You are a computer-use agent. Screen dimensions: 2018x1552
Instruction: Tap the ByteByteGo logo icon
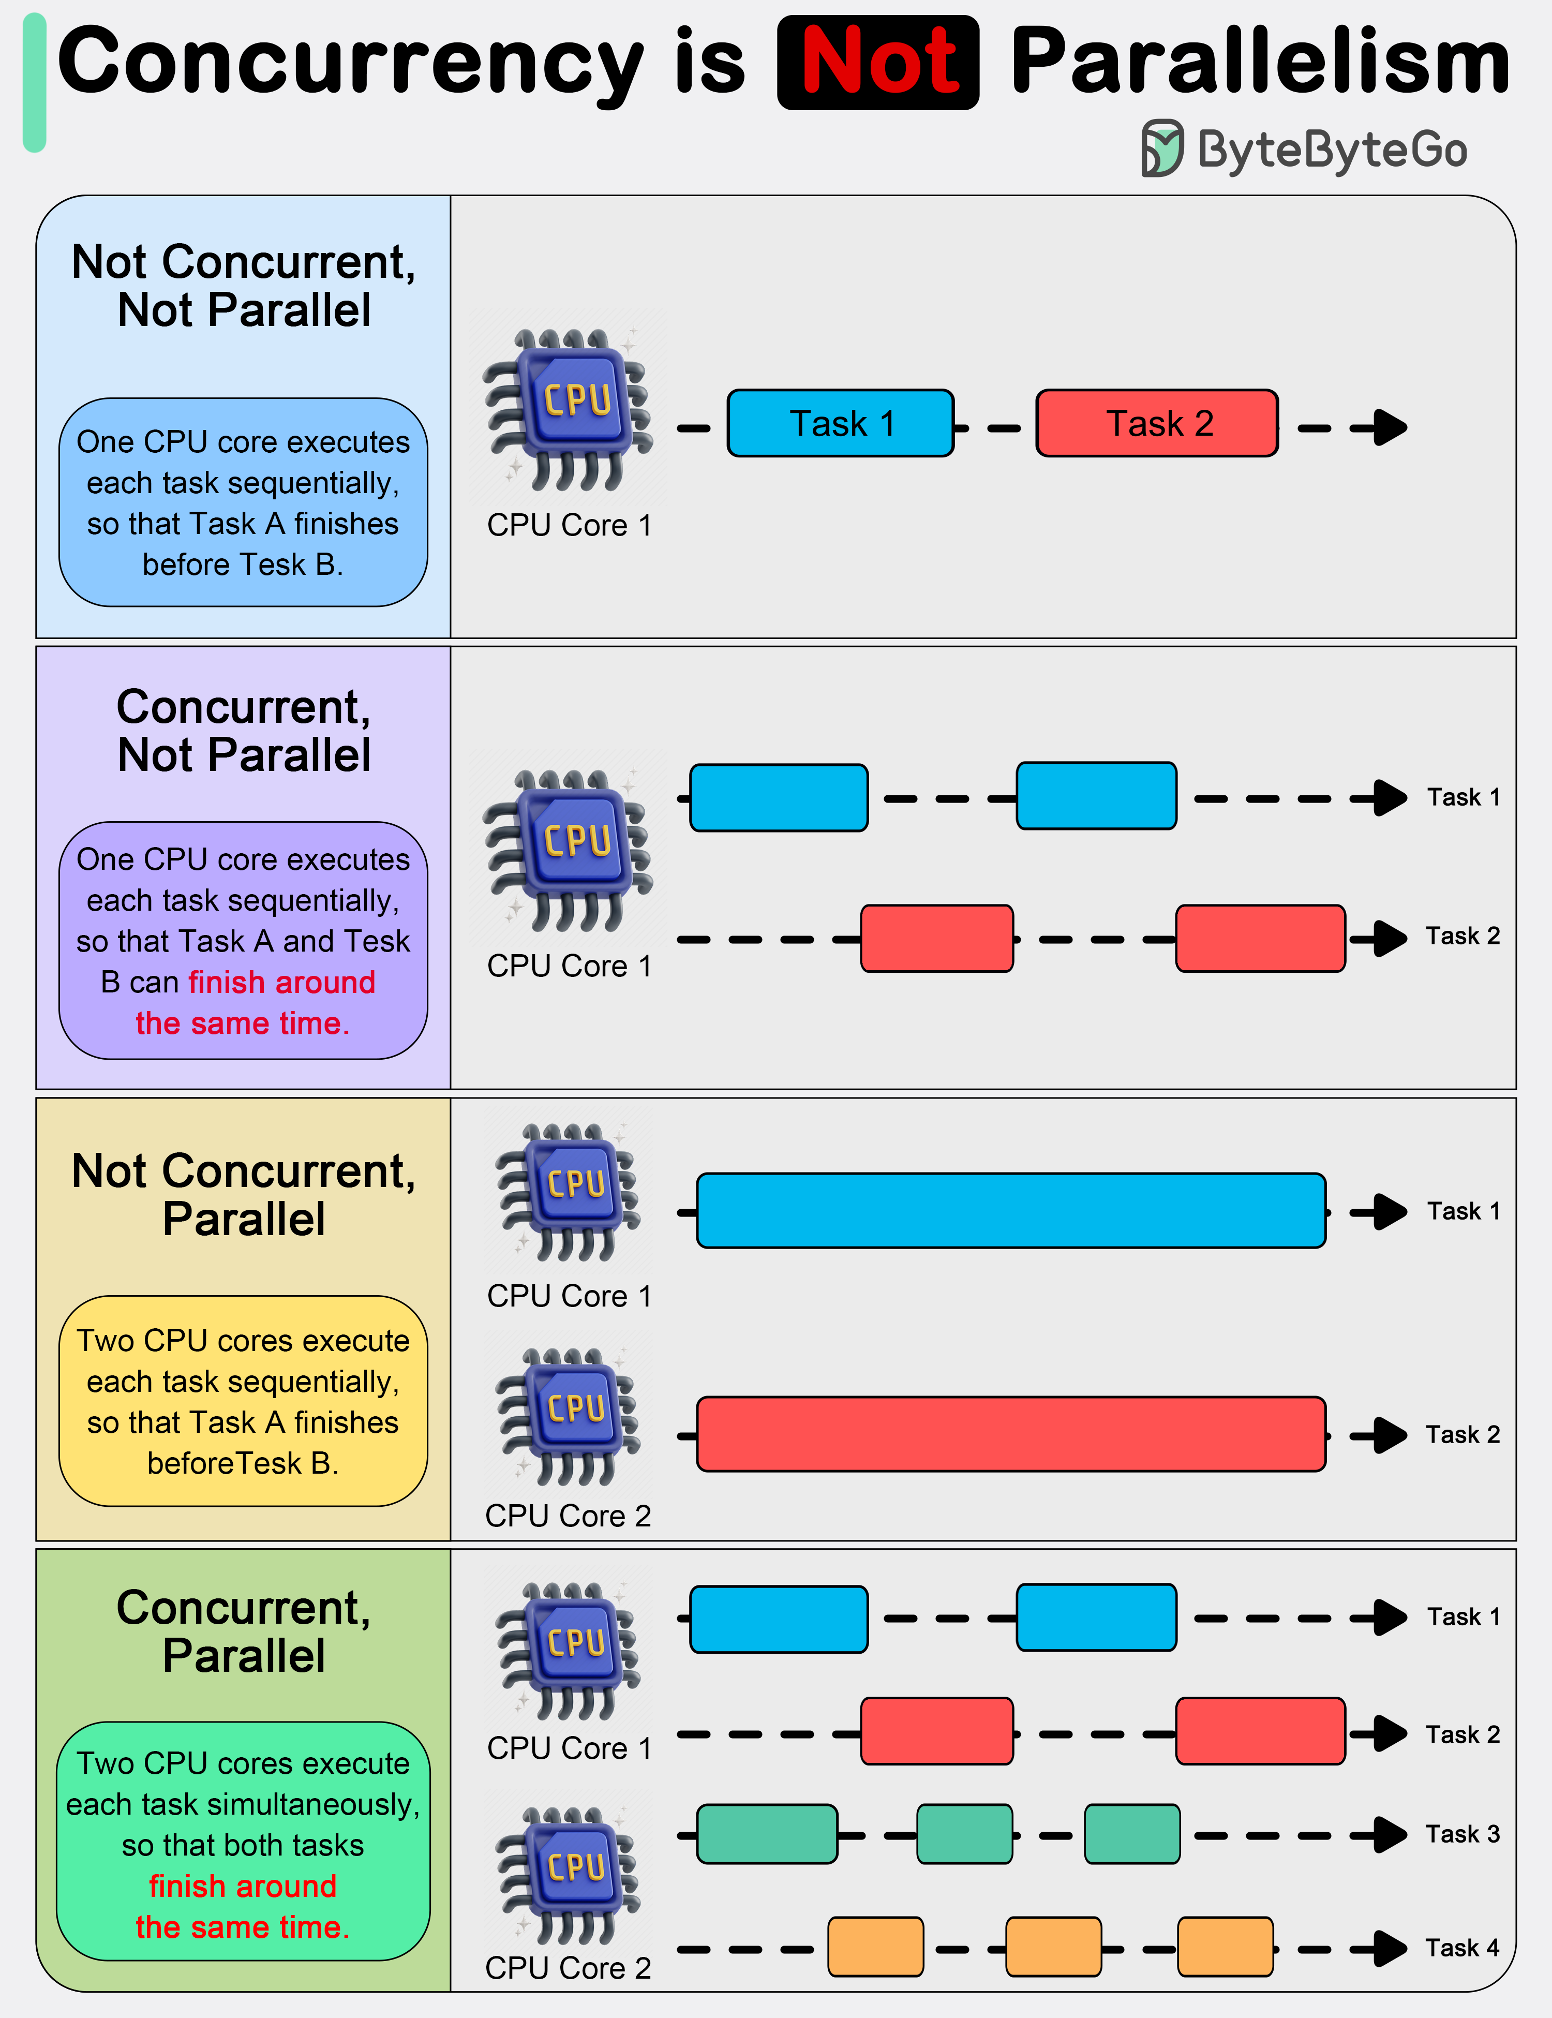pyautogui.click(x=1161, y=148)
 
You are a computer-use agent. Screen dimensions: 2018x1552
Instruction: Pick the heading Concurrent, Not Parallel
pyautogui.click(x=243, y=730)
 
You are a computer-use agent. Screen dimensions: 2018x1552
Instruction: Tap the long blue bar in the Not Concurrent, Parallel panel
pyautogui.click(x=1011, y=1210)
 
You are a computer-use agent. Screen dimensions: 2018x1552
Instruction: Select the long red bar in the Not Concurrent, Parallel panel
pyautogui.click(x=1011, y=1434)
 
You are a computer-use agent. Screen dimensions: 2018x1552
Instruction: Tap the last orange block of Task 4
pyautogui.click(x=1225, y=1947)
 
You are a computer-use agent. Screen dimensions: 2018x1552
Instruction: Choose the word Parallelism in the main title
pyautogui.click(x=1260, y=63)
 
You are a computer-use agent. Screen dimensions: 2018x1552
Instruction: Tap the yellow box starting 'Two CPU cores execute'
pyautogui.click(x=243, y=1401)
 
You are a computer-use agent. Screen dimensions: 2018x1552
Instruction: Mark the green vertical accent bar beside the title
pyautogui.click(x=34, y=83)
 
